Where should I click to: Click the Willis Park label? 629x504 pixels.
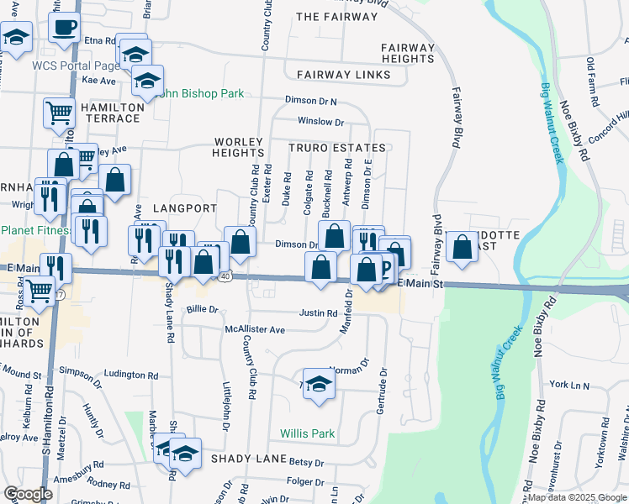click(307, 433)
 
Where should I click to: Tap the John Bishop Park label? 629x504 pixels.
click(196, 93)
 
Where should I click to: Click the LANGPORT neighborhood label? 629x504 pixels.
click(185, 208)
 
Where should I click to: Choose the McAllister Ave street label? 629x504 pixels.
click(255, 330)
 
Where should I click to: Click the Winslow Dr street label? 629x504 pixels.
click(314, 122)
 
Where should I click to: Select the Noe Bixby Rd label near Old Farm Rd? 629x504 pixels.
click(573, 130)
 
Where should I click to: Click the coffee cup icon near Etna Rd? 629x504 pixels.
click(63, 27)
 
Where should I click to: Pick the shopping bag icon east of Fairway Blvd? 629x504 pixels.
click(462, 247)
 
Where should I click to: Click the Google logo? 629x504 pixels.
click(28, 494)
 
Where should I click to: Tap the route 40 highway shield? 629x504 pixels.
click(225, 276)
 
